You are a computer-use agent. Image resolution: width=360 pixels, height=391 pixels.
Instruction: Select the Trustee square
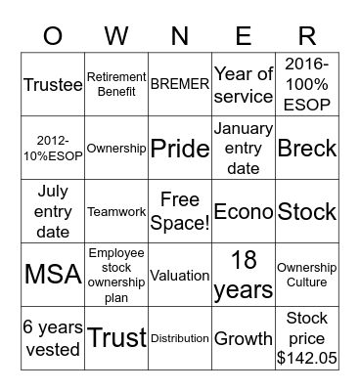click(x=53, y=84)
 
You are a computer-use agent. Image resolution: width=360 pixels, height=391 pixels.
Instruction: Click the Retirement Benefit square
click(x=116, y=84)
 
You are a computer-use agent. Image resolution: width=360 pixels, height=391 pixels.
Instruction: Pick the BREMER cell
click(x=180, y=84)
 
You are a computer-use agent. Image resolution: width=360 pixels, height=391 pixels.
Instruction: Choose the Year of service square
click(x=244, y=84)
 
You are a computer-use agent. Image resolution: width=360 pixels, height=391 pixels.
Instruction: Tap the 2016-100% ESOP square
click(x=307, y=84)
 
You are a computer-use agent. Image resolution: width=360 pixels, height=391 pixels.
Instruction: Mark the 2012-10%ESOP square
click(x=53, y=148)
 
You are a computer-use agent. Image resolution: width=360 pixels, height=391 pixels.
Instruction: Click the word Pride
click(x=180, y=148)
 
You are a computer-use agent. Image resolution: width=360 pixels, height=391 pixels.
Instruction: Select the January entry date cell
click(x=244, y=148)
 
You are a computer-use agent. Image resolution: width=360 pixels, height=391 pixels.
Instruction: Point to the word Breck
click(x=307, y=148)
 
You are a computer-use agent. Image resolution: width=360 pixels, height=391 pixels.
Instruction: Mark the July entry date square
click(x=53, y=211)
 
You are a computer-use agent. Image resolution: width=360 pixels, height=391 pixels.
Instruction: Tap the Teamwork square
click(x=116, y=211)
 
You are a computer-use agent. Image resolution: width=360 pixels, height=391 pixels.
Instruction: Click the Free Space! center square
click(x=180, y=211)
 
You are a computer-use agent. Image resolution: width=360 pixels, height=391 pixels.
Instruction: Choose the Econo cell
click(x=244, y=211)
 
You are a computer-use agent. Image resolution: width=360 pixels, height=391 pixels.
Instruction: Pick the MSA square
click(x=53, y=275)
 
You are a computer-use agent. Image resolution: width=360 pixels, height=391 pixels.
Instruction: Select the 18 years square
click(x=244, y=275)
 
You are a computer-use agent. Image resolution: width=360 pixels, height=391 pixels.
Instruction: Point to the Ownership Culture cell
click(x=307, y=275)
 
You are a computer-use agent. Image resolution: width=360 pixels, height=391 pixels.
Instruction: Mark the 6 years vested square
click(x=53, y=338)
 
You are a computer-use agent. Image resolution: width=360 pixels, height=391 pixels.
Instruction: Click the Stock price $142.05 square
click(x=307, y=338)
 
